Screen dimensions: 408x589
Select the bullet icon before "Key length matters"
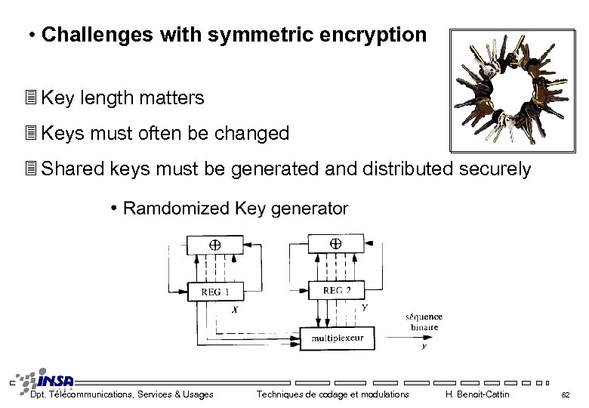pos(31,98)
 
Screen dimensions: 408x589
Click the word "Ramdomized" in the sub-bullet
pos(176,208)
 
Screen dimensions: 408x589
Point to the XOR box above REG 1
pos(214,245)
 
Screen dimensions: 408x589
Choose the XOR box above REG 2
pos(336,243)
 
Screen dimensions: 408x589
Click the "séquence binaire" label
pos(424,322)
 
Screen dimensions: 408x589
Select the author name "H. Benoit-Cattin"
pos(478,394)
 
